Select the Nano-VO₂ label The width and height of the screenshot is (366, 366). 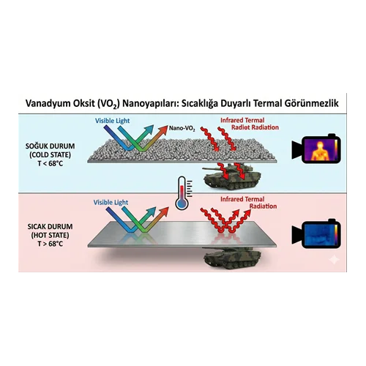(x=182, y=128)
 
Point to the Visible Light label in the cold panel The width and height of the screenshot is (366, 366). (x=112, y=121)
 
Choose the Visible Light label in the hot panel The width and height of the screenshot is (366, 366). (x=111, y=203)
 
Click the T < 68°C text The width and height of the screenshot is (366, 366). (x=50, y=163)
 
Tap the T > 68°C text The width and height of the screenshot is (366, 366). (x=50, y=244)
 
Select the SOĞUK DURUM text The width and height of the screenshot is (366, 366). (x=50, y=146)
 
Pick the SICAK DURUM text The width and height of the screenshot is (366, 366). (x=50, y=226)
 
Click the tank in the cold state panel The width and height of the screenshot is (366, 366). (x=232, y=176)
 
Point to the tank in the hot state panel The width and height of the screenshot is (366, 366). (x=232, y=258)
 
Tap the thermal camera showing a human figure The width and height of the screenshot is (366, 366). (x=316, y=149)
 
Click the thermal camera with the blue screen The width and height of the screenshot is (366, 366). (x=316, y=234)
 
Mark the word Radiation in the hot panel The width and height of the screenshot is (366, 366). (x=263, y=206)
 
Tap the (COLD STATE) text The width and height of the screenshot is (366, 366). (x=50, y=155)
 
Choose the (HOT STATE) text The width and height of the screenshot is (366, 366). (x=50, y=235)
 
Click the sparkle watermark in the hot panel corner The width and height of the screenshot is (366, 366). (x=334, y=260)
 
